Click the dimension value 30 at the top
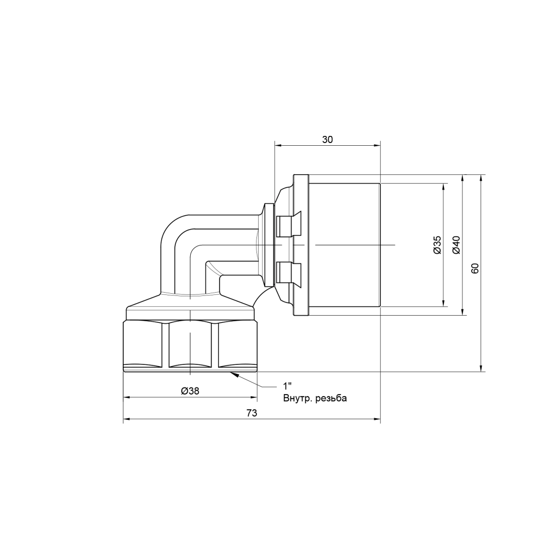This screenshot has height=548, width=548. [x=327, y=139]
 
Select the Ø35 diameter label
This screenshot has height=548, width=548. [x=437, y=244]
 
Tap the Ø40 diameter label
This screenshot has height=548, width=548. [x=456, y=244]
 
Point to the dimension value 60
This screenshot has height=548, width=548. [x=475, y=268]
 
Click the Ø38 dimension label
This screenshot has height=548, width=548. [x=190, y=391]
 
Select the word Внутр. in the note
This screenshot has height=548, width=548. [x=298, y=398]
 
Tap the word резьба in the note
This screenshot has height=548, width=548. [x=331, y=399]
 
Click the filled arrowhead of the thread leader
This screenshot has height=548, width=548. [x=234, y=375]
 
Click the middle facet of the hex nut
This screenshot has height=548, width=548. [x=190, y=344]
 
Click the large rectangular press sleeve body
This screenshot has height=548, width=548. [x=345, y=244]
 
